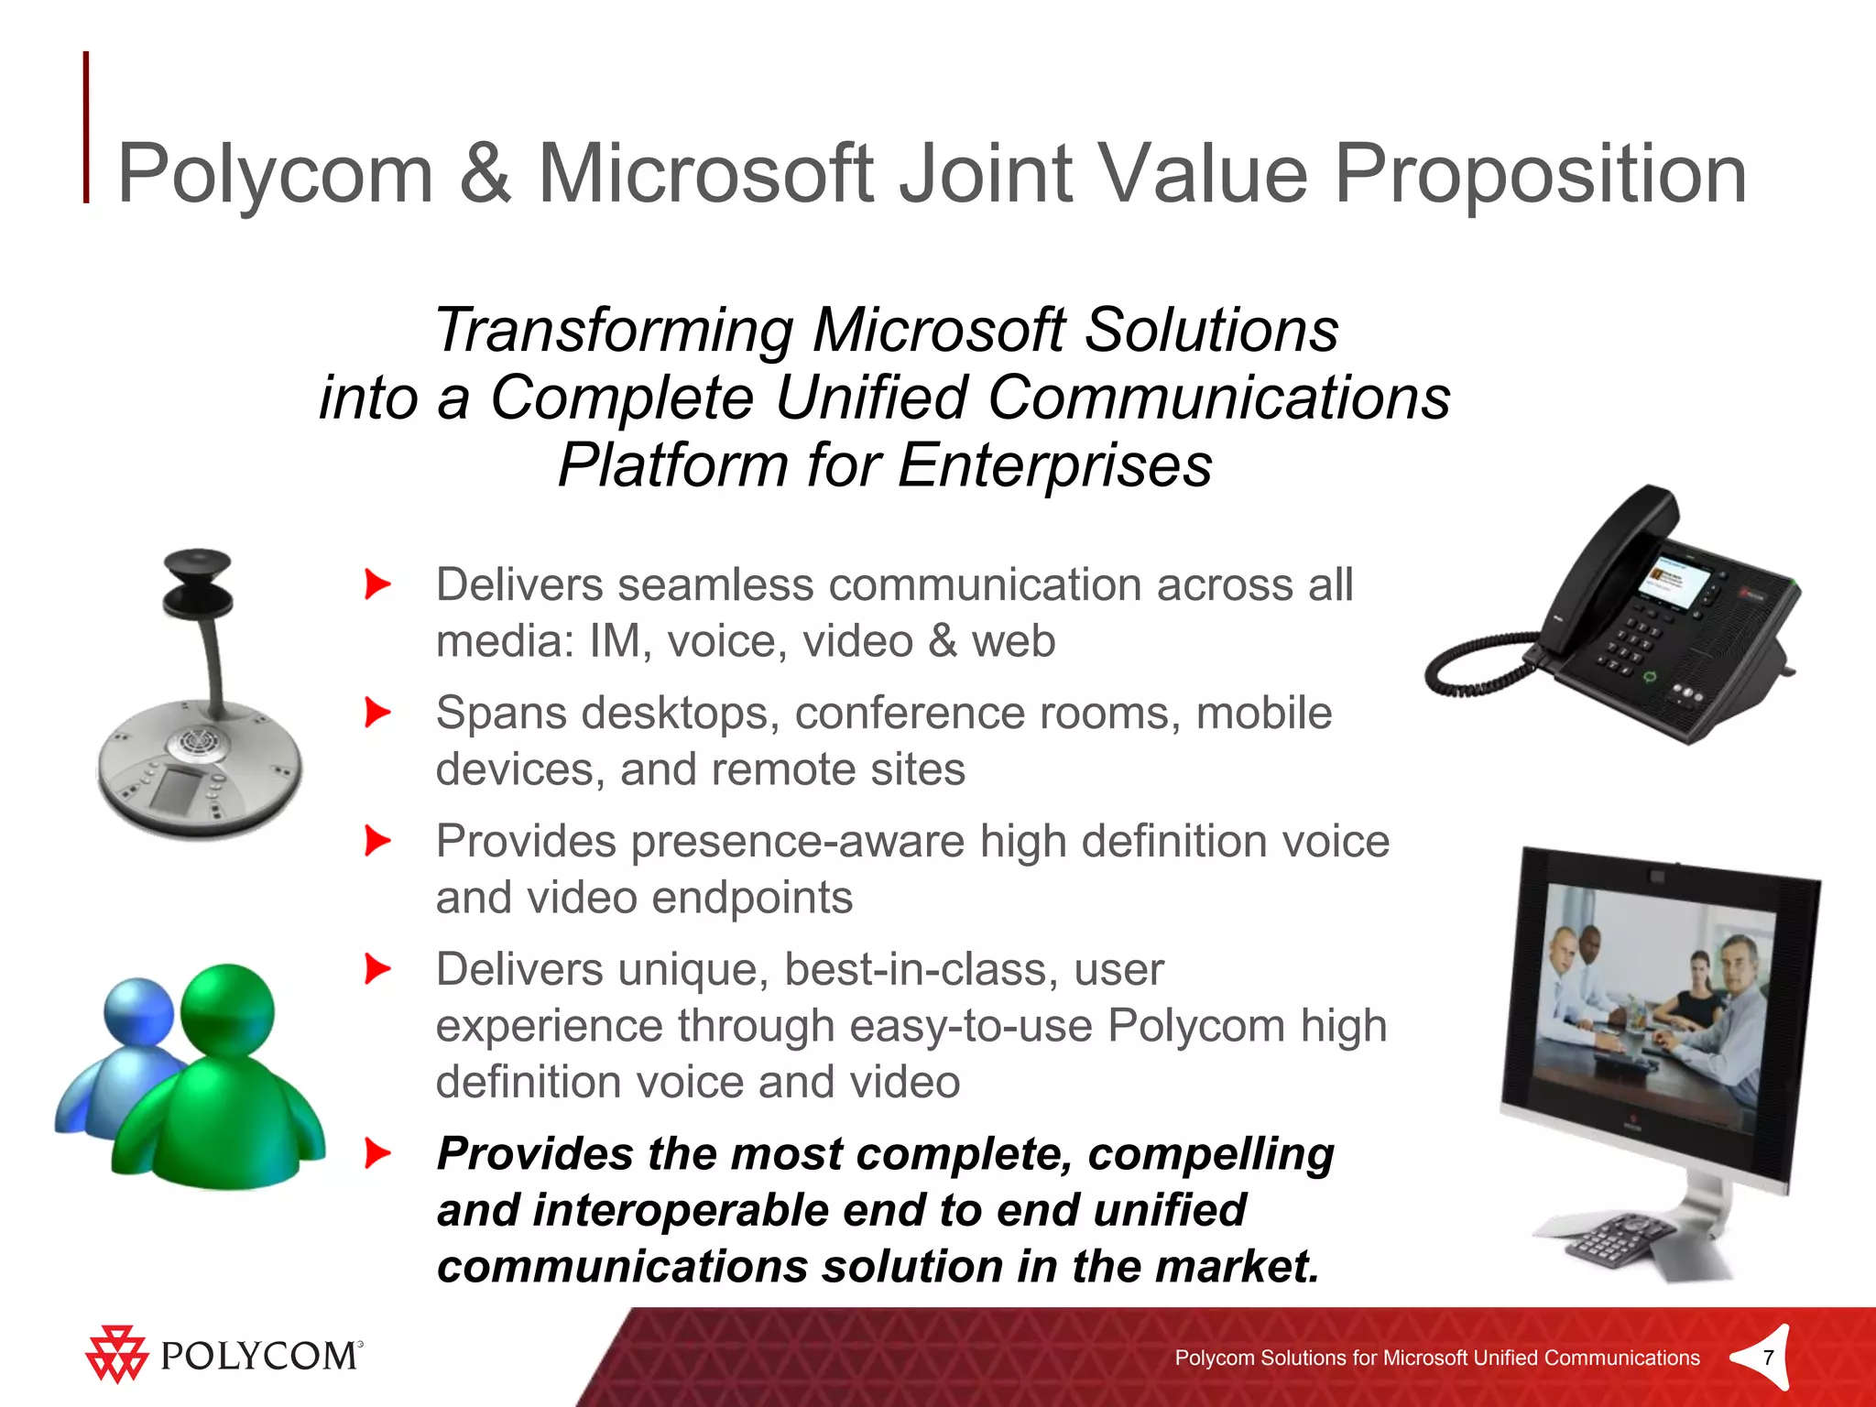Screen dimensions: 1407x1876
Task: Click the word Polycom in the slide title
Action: [275, 174]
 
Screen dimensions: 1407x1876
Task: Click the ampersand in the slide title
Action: [485, 174]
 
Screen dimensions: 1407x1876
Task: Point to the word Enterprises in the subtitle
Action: [1054, 465]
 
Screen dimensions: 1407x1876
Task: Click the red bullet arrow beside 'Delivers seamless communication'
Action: [377, 584]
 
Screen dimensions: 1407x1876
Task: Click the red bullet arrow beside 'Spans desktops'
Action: [377, 713]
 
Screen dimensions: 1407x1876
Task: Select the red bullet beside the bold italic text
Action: [377, 1153]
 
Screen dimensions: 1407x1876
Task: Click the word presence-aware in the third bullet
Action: [797, 842]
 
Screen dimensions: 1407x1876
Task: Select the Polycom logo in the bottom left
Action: [224, 1354]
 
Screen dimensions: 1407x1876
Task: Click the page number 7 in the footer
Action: [1768, 1358]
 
